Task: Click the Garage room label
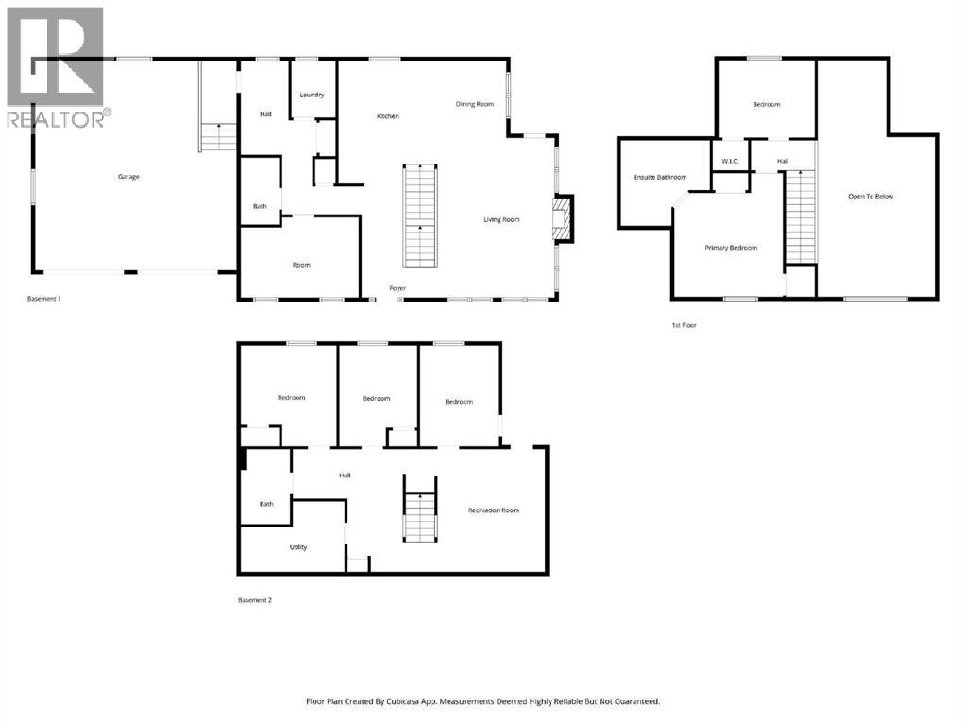point(128,177)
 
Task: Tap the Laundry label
point(312,95)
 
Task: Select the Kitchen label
point(387,116)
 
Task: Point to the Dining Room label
point(474,104)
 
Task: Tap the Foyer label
point(398,287)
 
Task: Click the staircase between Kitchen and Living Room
point(420,216)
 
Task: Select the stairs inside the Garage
point(218,138)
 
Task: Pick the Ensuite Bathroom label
point(659,177)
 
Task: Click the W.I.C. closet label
point(730,162)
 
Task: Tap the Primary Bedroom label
point(731,248)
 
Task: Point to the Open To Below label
point(870,197)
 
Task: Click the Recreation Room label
point(494,510)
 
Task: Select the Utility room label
point(297,547)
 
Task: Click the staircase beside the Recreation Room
point(420,516)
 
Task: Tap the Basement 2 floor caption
point(255,600)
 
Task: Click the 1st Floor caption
point(684,325)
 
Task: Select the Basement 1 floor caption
point(44,299)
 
